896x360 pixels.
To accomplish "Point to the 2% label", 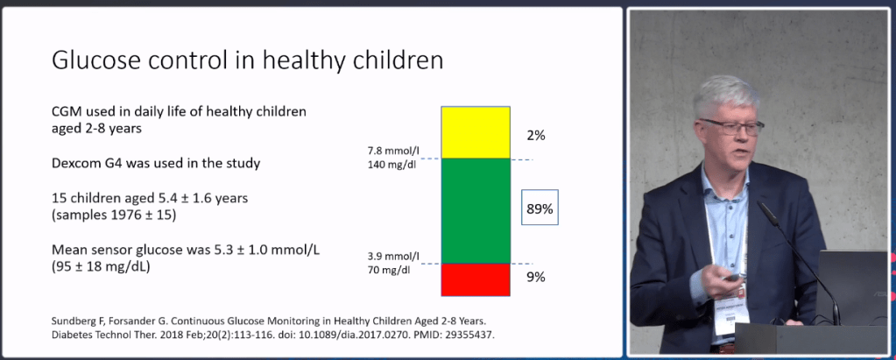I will point(535,135).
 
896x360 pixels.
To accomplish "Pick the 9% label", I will point(535,277).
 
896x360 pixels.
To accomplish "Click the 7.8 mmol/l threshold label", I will point(393,151).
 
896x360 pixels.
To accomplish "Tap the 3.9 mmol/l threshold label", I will point(393,256).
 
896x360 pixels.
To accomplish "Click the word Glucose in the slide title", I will point(97,61).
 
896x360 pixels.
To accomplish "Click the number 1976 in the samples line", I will point(125,214).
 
